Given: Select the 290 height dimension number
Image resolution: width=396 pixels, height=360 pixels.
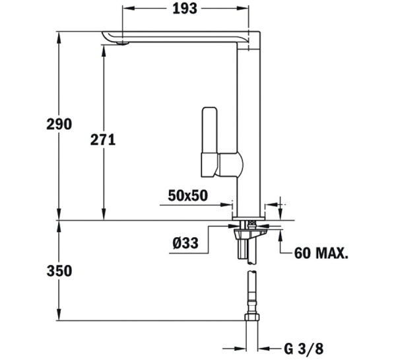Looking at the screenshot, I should (58, 125).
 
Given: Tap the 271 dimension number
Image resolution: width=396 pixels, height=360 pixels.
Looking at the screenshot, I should (102, 140).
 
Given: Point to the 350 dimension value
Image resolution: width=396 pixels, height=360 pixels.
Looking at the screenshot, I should (58, 271).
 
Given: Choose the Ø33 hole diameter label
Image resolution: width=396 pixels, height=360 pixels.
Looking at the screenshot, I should (185, 244).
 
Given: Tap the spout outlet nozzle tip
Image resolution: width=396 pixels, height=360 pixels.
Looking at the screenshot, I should (121, 43).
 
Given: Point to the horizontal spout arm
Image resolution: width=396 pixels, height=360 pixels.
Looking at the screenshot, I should (178, 36).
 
